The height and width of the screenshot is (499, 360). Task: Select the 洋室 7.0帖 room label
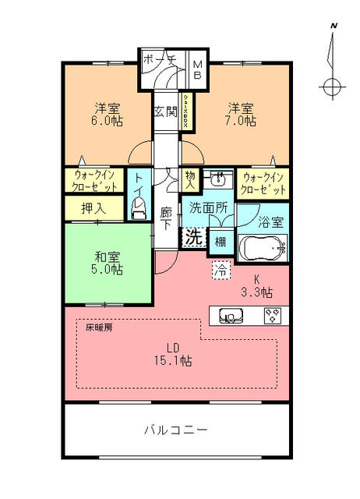pos(241,114)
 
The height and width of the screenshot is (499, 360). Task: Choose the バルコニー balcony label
pos(176,430)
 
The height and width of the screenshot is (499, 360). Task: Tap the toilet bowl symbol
pos(139,207)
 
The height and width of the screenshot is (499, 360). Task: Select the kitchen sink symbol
pos(231,316)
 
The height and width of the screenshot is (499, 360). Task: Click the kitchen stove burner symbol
pos(273,316)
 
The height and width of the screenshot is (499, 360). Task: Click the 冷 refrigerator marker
pos(221,271)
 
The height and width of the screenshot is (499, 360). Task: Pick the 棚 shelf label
pos(221,242)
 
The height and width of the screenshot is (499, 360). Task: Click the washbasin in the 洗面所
pos(220,179)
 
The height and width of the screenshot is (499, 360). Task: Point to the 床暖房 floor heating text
pos(99,328)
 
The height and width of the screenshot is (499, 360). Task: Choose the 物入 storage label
pos(191,180)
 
